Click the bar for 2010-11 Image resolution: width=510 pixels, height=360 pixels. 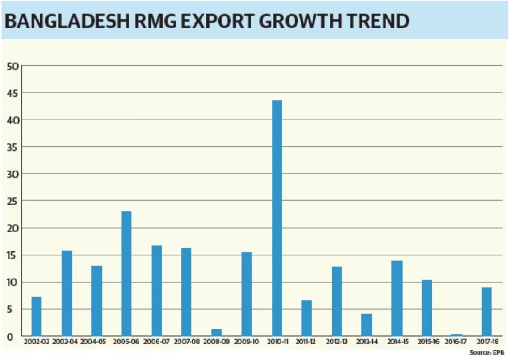[277, 218]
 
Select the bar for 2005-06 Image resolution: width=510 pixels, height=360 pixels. [126, 273]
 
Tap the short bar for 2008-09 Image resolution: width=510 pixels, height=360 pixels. [216, 332]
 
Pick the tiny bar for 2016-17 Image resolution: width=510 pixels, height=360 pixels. [457, 335]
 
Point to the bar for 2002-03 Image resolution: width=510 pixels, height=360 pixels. [36, 316]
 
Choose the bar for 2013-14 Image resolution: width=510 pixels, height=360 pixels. [366, 324]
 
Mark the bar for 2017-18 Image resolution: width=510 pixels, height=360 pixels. [486, 312]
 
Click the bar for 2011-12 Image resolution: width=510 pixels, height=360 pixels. [307, 318]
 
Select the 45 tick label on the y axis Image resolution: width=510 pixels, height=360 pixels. [12, 93]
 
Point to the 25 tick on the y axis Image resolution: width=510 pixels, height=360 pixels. [12, 201]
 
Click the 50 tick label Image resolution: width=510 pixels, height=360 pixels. [12, 66]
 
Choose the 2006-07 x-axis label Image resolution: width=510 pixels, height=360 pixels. [156, 342]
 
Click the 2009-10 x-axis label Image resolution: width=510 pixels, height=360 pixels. [246, 342]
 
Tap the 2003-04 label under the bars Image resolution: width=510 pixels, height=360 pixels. [66, 342]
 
